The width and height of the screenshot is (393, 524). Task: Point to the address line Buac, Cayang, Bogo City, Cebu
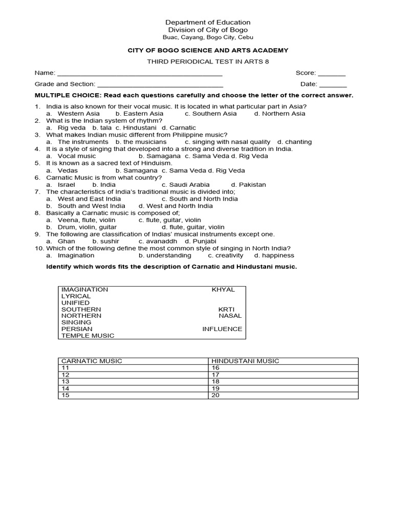[x=208, y=37]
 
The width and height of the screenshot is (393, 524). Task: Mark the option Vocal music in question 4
[x=77, y=156]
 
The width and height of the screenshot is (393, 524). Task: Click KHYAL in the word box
[x=223, y=290]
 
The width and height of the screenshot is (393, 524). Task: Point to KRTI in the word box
[x=226, y=310]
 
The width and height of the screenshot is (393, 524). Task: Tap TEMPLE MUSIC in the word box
[x=88, y=336]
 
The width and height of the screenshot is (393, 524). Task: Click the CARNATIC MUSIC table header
[x=92, y=361]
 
